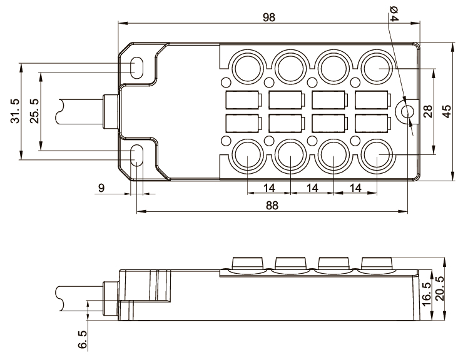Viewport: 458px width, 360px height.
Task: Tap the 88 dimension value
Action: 271,204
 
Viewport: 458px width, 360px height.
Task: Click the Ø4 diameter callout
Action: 394,13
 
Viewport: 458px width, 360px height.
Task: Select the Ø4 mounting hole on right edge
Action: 407,111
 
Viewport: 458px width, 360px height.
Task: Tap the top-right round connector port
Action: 377,65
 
